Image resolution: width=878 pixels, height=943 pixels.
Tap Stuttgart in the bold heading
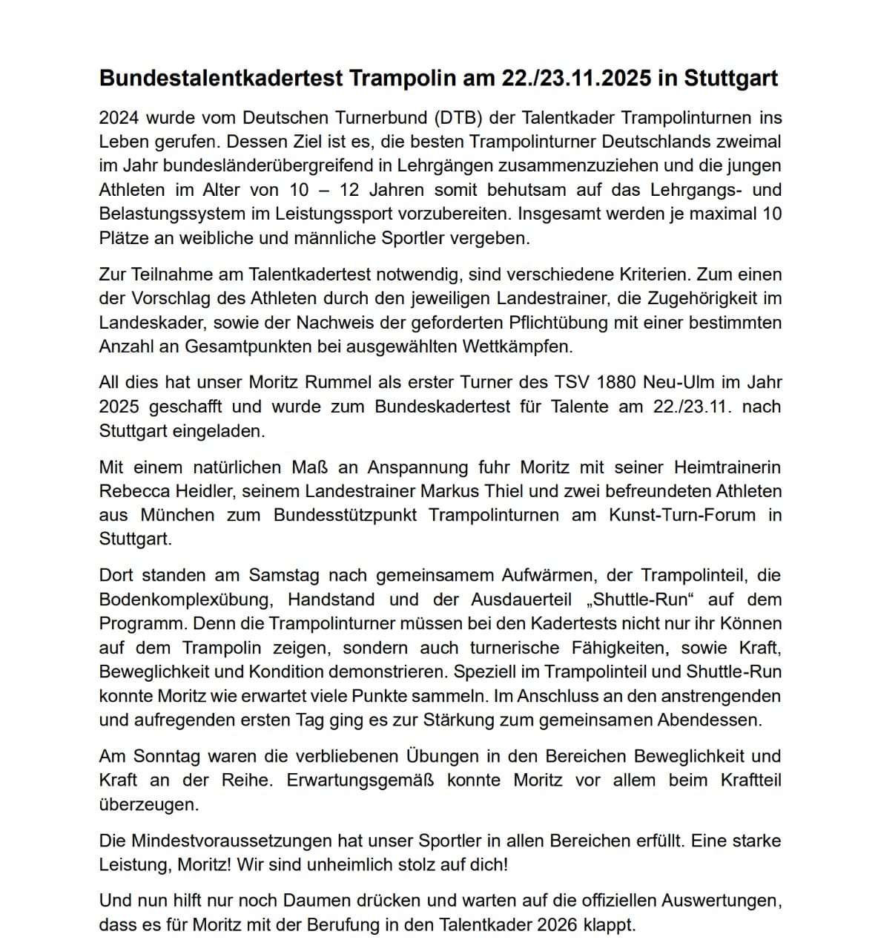click(x=730, y=79)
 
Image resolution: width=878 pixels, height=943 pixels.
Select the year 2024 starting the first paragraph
click(x=119, y=118)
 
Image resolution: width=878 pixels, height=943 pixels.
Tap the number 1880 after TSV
click(x=603, y=383)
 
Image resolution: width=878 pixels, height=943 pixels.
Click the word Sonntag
click(x=167, y=757)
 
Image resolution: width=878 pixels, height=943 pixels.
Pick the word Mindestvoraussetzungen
click(x=230, y=841)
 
